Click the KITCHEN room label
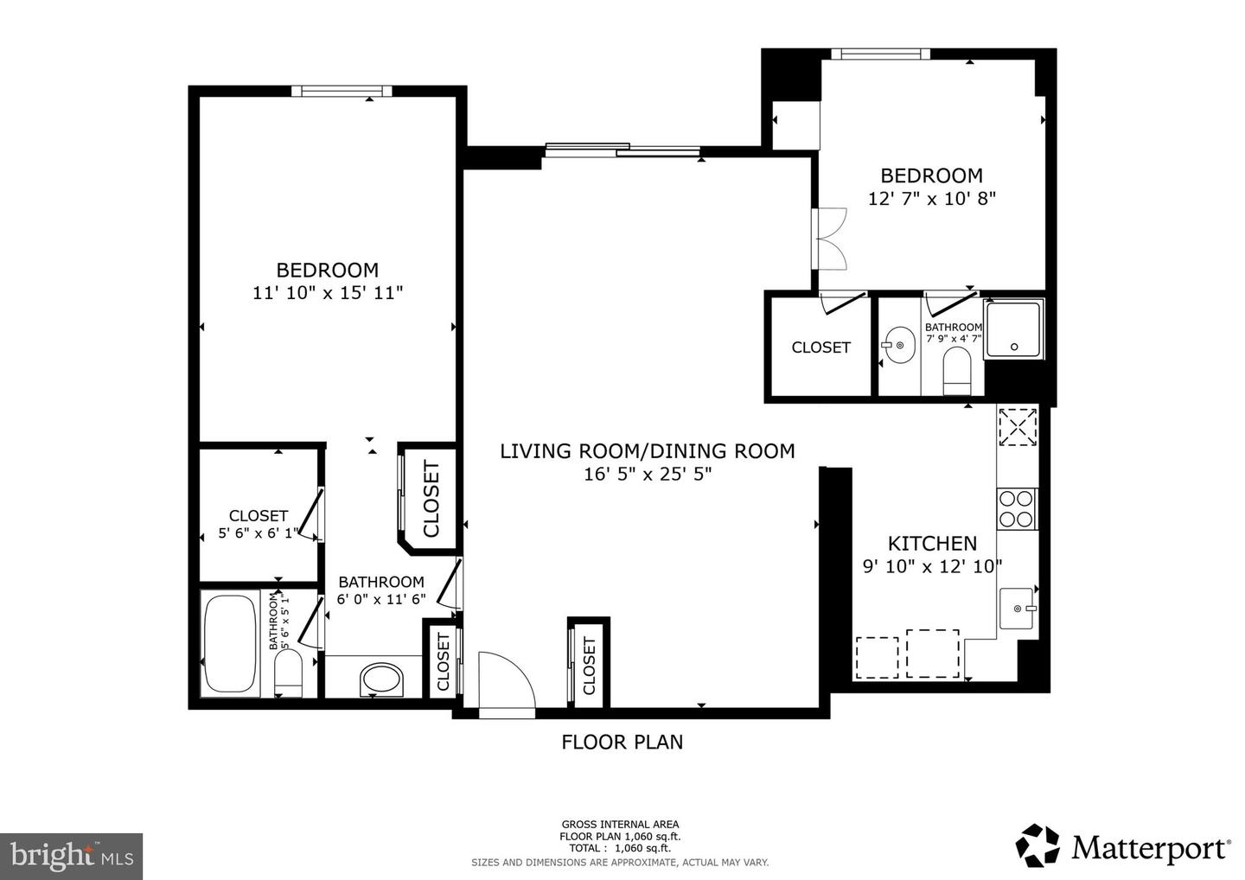click(932, 544)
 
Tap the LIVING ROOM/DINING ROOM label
click(647, 450)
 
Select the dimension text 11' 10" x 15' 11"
click(328, 293)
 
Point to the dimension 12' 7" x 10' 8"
click(932, 198)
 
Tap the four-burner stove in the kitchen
click(1017, 508)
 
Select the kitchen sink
click(1018, 609)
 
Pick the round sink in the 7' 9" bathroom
click(900, 345)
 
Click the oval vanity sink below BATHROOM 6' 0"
click(381, 679)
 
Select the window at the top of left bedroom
click(342, 91)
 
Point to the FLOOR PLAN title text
click(622, 742)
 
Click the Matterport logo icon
click(1037, 845)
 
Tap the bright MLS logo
click(71, 856)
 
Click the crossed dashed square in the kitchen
click(1018, 426)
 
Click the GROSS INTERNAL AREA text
click(620, 825)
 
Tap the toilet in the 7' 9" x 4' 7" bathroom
click(957, 369)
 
